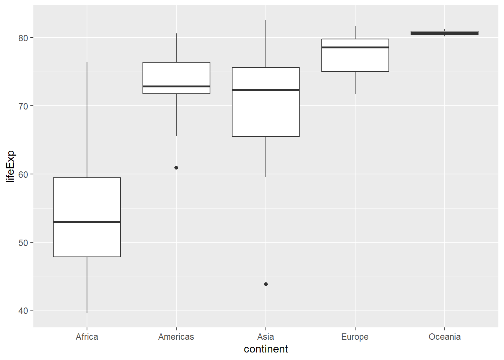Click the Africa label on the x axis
[87, 337]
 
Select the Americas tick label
[176, 337]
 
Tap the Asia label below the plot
[265, 337]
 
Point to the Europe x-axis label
[355, 337]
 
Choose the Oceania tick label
[444, 337]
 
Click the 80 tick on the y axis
[23, 38]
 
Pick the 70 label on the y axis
[23, 106]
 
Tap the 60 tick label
[23, 174]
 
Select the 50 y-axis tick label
[23, 243]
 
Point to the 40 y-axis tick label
[23, 311]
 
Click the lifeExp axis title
[10, 166]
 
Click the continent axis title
[265, 349]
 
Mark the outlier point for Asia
[266, 284]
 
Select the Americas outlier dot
[176, 168]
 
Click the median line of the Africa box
[87, 222]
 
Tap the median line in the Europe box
[355, 48]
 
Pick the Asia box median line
[265, 90]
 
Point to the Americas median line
[176, 86]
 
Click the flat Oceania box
[444, 33]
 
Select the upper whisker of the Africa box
[87, 120]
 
